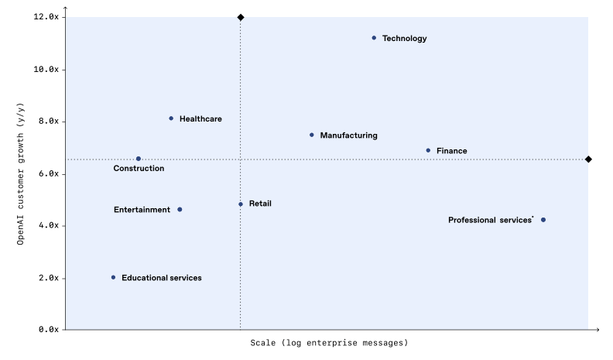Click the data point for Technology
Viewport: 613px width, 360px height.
[374, 38]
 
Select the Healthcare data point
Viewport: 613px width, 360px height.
[171, 118]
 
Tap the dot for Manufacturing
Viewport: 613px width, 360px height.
[312, 135]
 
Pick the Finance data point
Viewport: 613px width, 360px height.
[428, 150]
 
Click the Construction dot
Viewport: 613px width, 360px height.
[139, 159]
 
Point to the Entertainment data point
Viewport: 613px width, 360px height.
[180, 209]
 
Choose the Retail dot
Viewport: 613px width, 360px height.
[241, 204]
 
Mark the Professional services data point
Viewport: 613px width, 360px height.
[543, 220]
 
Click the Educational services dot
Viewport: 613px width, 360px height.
[113, 277]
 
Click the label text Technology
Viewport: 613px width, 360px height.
[404, 39]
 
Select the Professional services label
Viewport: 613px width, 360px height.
[490, 221]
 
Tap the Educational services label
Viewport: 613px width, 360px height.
[161, 278]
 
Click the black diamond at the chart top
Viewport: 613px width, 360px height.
[241, 17]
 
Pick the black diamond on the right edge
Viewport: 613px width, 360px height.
[588, 159]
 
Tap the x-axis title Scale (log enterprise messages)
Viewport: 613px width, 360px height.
[329, 342]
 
